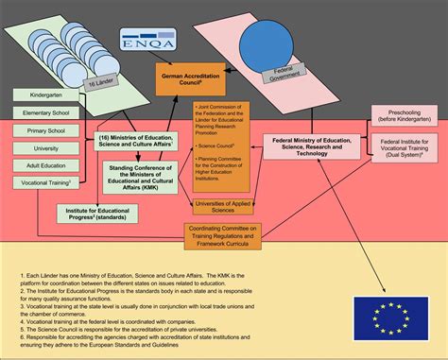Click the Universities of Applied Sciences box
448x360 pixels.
224,206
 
